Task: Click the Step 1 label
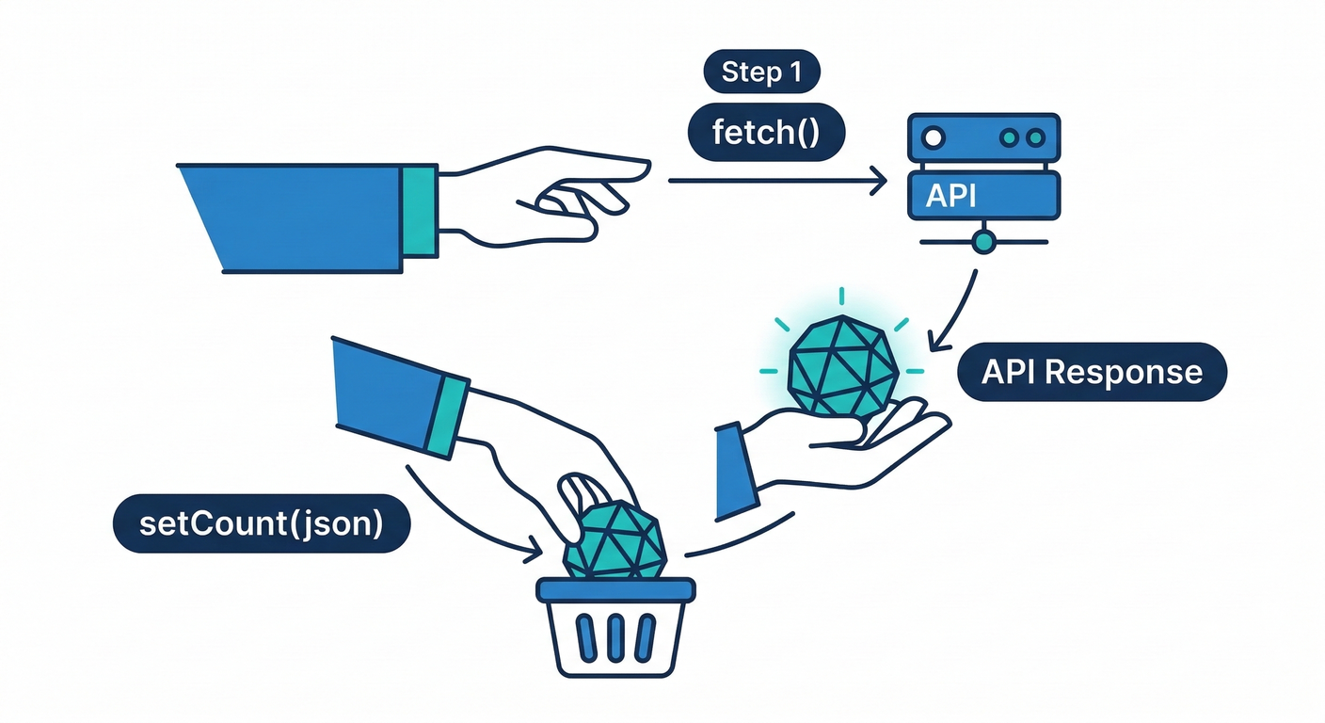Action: tap(761, 72)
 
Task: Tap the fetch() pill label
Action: tap(765, 132)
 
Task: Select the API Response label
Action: tap(1092, 372)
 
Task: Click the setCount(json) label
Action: tap(261, 523)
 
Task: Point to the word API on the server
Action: tap(950, 195)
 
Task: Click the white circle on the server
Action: tap(934, 137)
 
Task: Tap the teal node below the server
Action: tap(983, 242)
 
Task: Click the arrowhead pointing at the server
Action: tap(880, 180)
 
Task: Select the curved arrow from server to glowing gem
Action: tap(960, 306)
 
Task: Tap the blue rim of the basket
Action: tap(615, 590)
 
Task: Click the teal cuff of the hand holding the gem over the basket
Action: tap(446, 413)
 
